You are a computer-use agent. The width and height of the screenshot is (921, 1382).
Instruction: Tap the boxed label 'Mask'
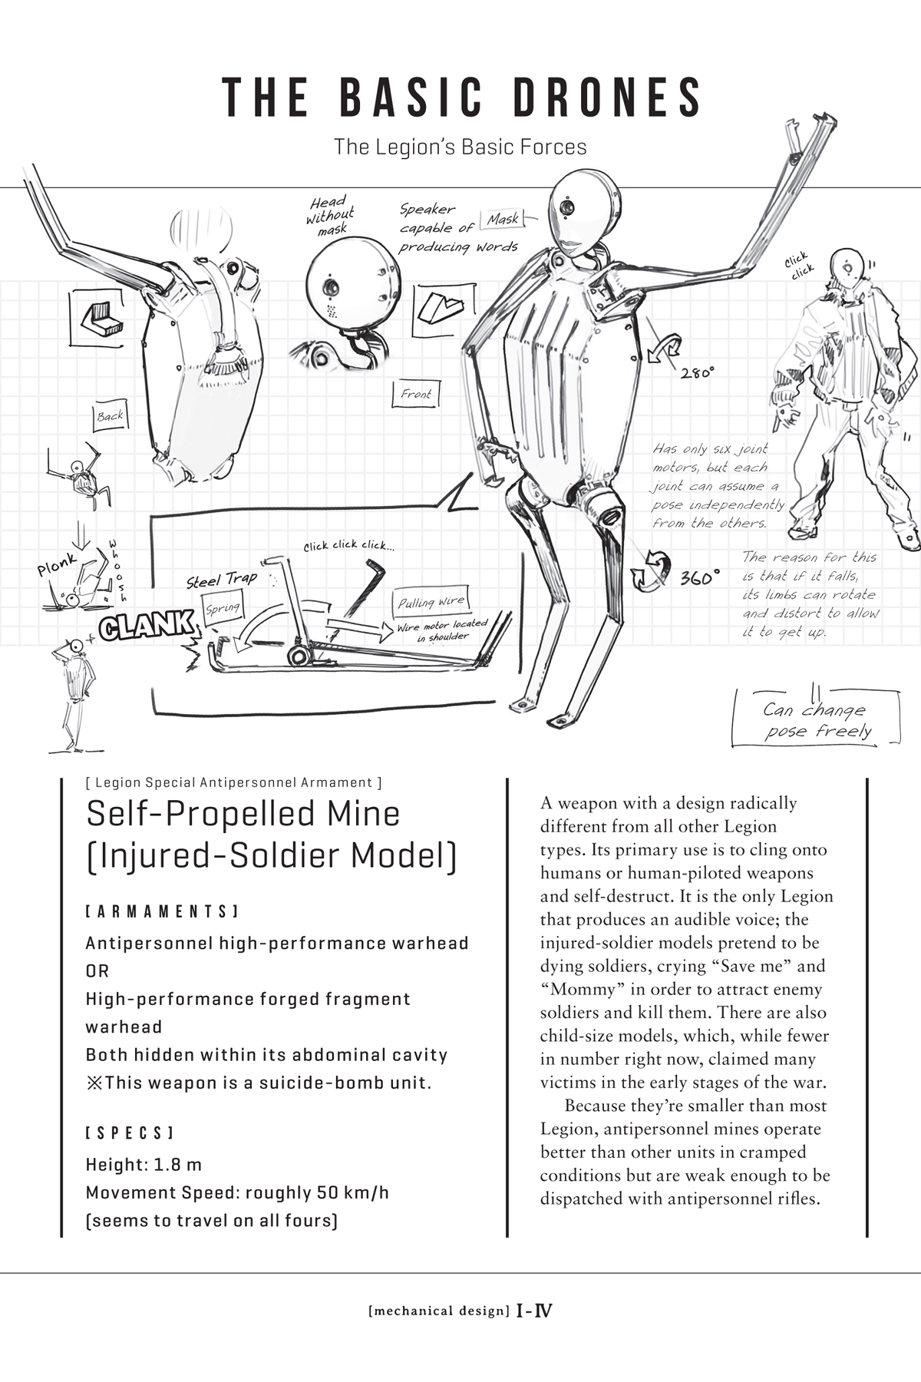503,220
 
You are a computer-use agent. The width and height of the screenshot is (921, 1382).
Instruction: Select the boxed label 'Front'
416,394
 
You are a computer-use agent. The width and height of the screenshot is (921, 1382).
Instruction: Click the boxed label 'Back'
110,415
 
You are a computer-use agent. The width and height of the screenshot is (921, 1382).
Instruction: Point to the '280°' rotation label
697,373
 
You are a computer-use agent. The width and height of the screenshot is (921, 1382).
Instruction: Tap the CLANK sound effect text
146,626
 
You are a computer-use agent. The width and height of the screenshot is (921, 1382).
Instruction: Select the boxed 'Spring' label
223,608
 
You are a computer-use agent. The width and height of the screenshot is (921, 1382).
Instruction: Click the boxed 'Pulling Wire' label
431,602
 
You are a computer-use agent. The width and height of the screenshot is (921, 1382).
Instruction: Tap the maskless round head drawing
353,288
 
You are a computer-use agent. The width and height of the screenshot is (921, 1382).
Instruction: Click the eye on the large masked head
566,207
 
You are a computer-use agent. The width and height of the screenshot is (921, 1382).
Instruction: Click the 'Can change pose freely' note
816,720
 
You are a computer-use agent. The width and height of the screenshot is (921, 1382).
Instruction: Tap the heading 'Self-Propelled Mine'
243,814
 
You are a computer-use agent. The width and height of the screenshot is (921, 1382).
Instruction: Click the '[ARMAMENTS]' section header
161,911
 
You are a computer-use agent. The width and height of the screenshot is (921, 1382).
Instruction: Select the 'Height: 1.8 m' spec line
144,1165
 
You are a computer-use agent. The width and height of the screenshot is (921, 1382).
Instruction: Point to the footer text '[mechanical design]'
439,1311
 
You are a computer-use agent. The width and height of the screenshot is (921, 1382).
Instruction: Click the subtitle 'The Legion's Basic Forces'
460,147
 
